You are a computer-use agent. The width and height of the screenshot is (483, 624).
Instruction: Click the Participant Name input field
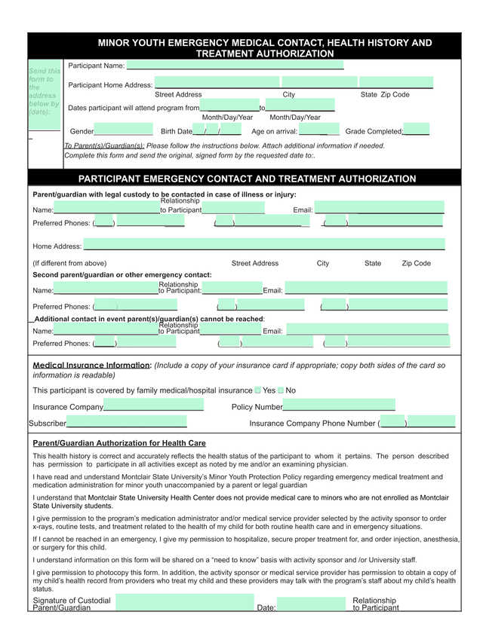[235, 66]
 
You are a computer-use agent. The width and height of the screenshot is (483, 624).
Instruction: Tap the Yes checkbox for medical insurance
[258, 390]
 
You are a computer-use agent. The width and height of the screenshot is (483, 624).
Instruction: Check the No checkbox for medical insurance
[281, 390]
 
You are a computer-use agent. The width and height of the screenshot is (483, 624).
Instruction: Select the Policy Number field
[339, 407]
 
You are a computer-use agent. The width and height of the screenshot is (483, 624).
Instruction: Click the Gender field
[123, 131]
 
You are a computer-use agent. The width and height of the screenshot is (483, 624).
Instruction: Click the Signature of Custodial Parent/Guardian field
[185, 603]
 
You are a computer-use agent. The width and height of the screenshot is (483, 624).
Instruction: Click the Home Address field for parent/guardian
[263, 245]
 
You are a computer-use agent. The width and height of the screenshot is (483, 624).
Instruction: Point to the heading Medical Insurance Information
[92, 366]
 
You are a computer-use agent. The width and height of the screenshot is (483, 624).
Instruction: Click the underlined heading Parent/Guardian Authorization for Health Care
[119, 443]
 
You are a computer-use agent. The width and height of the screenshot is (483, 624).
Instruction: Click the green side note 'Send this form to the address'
[44, 90]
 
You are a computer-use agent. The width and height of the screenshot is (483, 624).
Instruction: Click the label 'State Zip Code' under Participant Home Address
[385, 95]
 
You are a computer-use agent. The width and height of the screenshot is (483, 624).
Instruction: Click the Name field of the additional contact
[106, 329]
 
